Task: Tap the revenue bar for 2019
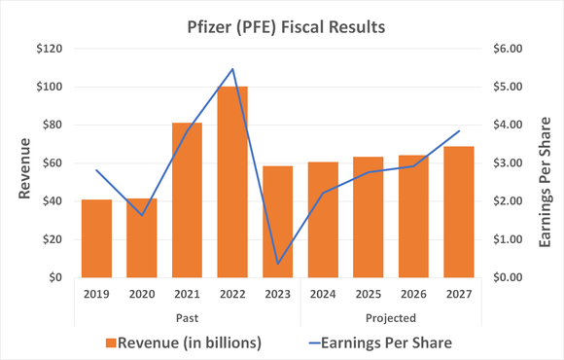[96, 238]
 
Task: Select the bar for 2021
[187, 200]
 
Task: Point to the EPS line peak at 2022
[232, 69]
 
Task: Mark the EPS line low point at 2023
[278, 264]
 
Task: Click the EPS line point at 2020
[142, 215]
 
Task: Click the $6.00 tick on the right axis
[511, 49]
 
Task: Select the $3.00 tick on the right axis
[511, 163]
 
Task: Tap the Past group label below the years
[187, 317]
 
